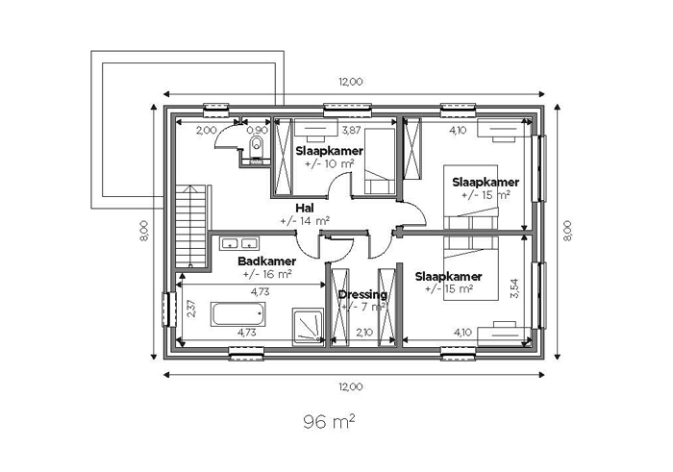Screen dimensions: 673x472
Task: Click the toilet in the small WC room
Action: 257,147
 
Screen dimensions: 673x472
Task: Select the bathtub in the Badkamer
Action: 237,314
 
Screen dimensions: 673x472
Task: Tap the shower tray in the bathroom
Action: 309,325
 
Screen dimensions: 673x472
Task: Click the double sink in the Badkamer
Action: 239,243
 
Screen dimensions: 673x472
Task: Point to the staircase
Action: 191,227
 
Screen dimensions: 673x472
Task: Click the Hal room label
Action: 305,208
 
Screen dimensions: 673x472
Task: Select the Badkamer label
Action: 267,261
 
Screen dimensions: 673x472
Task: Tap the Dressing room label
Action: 362,294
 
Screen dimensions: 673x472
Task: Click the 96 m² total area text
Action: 329,422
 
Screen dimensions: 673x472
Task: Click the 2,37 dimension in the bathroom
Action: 191,309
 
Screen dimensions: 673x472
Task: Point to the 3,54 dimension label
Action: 515,288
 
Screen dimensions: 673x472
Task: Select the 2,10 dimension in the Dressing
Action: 364,333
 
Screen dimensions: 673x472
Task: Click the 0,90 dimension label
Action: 257,130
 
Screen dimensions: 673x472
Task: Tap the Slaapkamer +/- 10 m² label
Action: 329,157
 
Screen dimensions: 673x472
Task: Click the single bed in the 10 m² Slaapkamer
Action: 380,161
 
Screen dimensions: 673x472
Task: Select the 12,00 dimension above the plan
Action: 351,82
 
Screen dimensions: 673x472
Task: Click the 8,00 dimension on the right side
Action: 567,231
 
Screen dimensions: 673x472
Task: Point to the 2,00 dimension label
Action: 207,130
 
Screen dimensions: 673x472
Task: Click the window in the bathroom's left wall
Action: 168,310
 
